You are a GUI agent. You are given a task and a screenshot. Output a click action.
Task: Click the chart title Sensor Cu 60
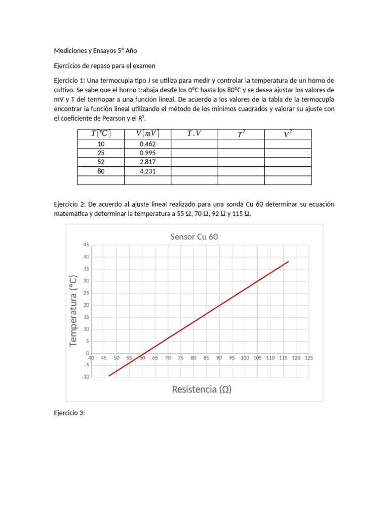click(194, 237)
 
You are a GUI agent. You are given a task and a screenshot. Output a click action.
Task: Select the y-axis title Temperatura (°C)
click(74, 311)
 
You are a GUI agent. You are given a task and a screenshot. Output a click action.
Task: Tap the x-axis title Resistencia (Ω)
click(202, 389)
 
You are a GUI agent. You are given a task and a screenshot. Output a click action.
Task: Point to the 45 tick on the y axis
click(86, 245)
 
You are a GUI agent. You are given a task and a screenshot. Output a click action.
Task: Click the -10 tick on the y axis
click(85, 377)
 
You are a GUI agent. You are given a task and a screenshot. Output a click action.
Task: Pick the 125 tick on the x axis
click(309, 357)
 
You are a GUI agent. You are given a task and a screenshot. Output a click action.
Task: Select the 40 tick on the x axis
click(91, 357)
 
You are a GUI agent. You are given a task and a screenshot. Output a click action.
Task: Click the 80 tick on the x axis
click(193, 357)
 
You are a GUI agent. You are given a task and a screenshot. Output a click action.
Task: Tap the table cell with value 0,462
click(147, 144)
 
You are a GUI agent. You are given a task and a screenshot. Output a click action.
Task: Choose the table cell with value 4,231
click(147, 171)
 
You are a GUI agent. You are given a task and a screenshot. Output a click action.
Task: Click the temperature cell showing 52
click(101, 162)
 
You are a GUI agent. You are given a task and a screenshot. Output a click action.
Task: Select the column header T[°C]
click(101, 134)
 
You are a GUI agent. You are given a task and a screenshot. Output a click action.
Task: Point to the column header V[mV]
click(147, 134)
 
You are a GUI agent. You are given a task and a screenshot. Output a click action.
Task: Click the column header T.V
click(194, 134)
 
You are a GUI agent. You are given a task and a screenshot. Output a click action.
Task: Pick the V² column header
click(288, 134)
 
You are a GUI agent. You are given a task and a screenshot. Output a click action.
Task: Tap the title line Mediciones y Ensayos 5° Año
click(95, 51)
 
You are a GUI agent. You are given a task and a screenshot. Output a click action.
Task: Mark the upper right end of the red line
click(289, 262)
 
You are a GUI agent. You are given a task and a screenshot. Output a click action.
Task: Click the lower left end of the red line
click(109, 376)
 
